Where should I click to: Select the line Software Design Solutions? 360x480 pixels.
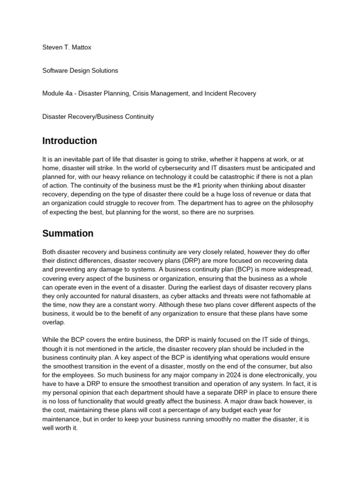point(80,70)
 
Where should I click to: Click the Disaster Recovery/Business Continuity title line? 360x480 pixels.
point(98,116)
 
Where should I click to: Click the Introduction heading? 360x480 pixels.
point(69,141)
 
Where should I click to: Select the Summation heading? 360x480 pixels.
point(67,233)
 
